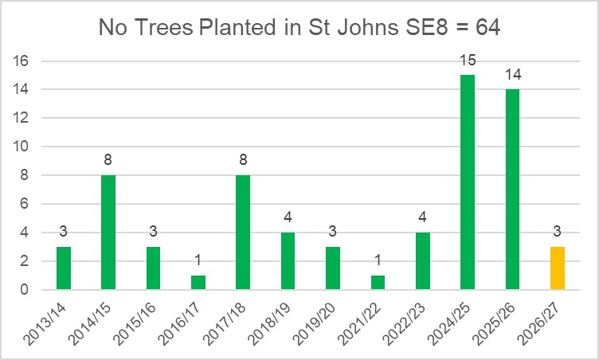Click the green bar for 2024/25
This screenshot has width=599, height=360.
[x=468, y=182]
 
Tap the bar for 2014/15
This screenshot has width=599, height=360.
[x=108, y=233]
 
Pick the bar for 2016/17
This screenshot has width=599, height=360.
[x=198, y=283]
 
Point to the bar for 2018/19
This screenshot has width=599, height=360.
[x=288, y=261]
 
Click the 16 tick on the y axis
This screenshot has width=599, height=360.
[x=22, y=61]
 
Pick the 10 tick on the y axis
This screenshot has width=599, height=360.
[x=22, y=147]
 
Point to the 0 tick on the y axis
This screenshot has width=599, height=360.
[x=25, y=290]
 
